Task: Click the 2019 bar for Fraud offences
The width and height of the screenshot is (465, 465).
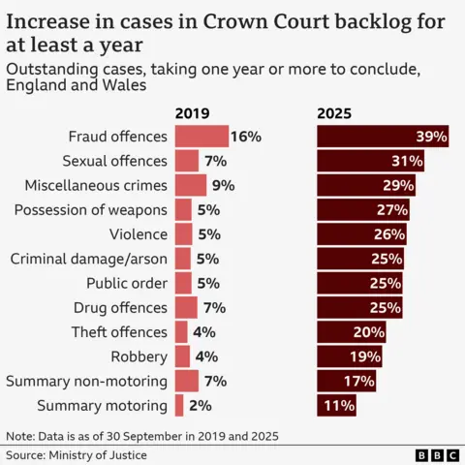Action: (201, 137)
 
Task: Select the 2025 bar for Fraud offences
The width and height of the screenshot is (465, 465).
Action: (384, 137)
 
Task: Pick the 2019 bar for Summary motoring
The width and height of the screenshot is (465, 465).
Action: (178, 405)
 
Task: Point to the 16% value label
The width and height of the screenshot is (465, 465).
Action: (246, 137)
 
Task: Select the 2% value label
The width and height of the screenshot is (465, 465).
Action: (200, 405)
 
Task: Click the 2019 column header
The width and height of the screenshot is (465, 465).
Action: (192, 113)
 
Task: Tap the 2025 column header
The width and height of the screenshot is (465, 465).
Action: (335, 113)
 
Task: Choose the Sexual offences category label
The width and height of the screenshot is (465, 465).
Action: (114, 161)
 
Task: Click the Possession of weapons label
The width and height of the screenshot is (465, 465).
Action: (90, 209)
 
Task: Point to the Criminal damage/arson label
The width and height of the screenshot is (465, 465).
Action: (88, 259)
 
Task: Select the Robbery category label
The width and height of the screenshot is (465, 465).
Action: (139, 356)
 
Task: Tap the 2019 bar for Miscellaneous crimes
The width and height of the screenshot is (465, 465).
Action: (190, 185)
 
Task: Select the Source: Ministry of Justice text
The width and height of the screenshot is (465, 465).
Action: (77, 454)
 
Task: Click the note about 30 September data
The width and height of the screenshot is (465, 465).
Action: (142, 436)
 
